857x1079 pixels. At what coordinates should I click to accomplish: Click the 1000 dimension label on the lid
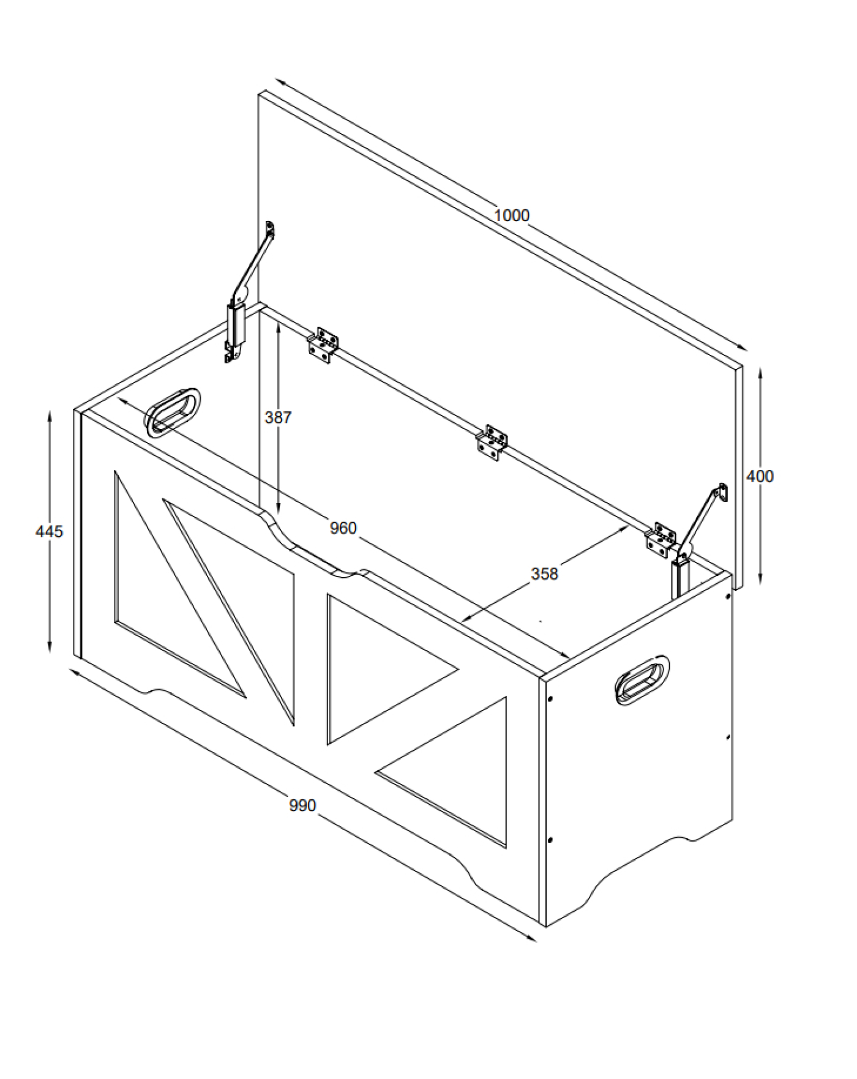pyautogui.click(x=511, y=215)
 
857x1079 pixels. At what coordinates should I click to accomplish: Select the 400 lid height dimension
pyautogui.click(x=760, y=476)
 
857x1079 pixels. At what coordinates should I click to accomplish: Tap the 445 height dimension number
pyautogui.click(x=49, y=531)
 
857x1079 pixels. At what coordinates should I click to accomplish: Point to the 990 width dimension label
pyautogui.click(x=302, y=805)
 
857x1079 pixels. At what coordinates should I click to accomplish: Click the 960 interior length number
pyautogui.click(x=343, y=528)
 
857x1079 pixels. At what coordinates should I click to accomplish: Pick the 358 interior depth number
pyautogui.click(x=544, y=573)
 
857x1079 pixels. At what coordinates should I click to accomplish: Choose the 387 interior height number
pyautogui.click(x=278, y=417)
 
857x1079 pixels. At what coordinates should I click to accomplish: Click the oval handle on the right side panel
pyautogui.click(x=642, y=680)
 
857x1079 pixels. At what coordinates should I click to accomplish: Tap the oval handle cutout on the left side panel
pyautogui.click(x=173, y=412)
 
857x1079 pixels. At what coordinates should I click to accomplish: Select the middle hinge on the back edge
pyautogui.click(x=492, y=442)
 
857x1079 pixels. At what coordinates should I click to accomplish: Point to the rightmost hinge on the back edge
pyautogui.click(x=661, y=540)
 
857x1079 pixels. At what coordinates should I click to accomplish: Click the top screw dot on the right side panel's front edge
pyautogui.click(x=550, y=698)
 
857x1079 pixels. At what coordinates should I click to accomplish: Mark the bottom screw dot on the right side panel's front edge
pyautogui.click(x=550, y=840)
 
